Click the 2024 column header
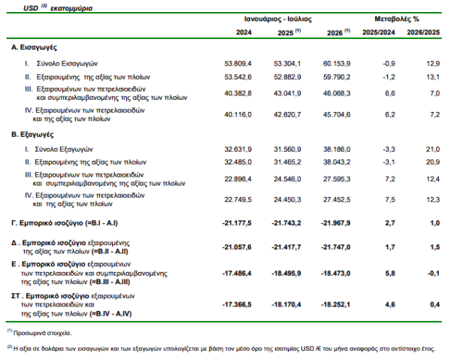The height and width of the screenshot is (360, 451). [x=244, y=32]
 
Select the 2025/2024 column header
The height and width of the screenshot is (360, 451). [x=379, y=32]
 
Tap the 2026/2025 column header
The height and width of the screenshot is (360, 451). [x=423, y=32]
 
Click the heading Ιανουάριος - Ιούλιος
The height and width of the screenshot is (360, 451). [x=278, y=20]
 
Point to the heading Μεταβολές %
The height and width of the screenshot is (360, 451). [x=397, y=20]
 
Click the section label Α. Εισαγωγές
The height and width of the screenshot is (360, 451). [x=34, y=47]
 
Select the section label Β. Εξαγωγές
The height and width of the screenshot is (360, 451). [x=32, y=135]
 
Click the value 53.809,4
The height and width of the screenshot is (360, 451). [x=238, y=64]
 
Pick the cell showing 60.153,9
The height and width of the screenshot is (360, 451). [x=337, y=64]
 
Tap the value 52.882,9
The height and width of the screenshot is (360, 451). [x=287, y=77]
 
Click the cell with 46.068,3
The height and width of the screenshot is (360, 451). [x=337, y=93]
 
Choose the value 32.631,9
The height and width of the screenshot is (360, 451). [x=238, y=150]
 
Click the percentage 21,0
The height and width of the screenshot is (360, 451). [x=433, y=150]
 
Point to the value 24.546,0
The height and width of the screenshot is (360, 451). [x=287, y=179]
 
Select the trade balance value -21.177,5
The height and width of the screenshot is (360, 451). [x=237, y=223]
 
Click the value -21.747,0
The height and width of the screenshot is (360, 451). [x=336, y=247]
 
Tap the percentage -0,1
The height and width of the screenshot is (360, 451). [x=434, y=273]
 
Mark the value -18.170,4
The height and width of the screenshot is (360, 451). [x=286, y=304]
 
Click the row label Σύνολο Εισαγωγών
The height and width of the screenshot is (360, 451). [x=67, y=64]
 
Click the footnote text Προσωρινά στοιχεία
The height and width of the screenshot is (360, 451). [x=42, y=333]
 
